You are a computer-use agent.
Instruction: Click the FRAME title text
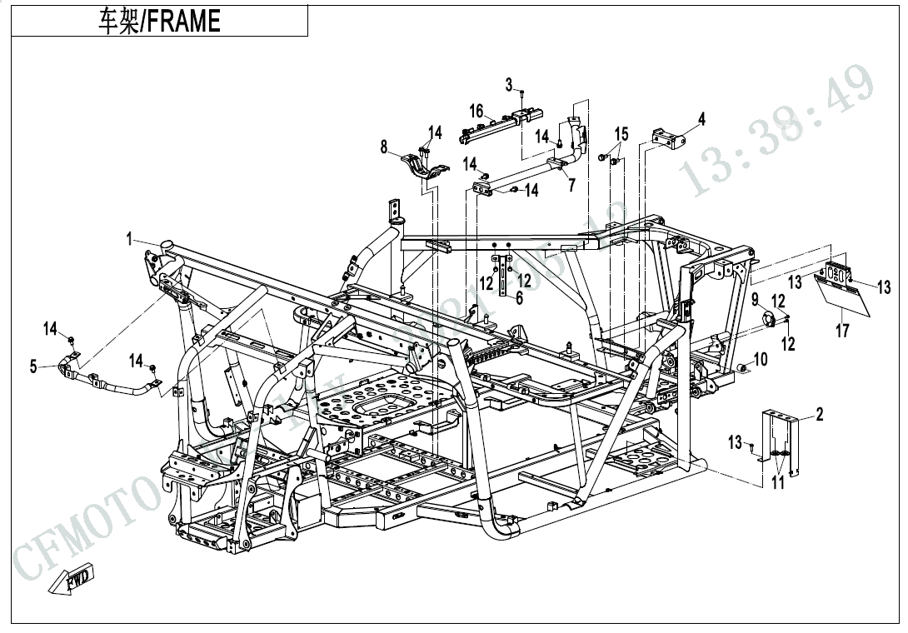click(x=159, y=21)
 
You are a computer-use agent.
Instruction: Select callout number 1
click(x=129, y=240)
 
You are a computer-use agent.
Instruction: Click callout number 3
click(x=509, y=85)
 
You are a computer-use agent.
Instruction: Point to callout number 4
click(x=701, y=119)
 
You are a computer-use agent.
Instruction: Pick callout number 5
click(x=33, y=366)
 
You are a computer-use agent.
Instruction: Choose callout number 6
click(x=519, y=298)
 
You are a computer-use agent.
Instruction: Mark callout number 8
click(x=384, y=147)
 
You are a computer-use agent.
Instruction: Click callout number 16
click(x=476, y=112)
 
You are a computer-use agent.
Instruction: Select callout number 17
click(x=842, y=331)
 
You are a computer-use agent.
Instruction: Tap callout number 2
click(x=820, y=414)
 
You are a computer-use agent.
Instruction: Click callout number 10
click(x=760, y=360)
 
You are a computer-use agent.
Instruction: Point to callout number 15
click(x=621, y=135)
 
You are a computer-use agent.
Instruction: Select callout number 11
click(x=777, y=482)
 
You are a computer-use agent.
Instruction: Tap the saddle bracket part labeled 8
click(x=422, y=164)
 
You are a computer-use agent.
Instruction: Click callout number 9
click(x=755, y=299)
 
